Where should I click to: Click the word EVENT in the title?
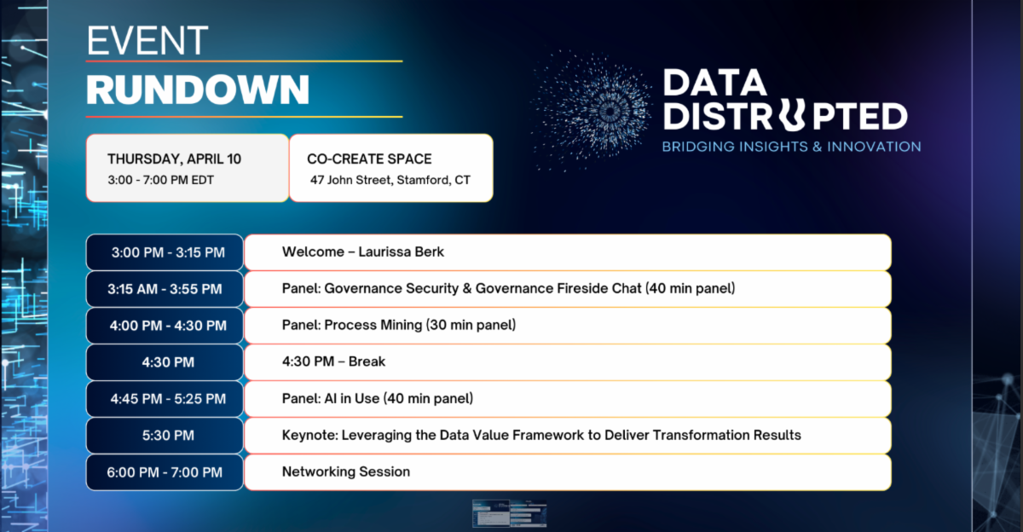point(147,41)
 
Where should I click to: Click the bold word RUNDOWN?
point(198,90)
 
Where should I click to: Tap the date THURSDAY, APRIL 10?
point(174,159)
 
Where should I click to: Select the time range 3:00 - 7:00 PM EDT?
point(161,180)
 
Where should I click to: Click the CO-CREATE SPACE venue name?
point(369,159)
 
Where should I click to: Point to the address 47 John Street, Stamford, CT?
point(390,180)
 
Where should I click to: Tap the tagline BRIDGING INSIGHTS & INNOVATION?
point(791,147)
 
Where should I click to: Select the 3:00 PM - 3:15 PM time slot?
point(168,252)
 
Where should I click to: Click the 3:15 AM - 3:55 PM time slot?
point(165,289)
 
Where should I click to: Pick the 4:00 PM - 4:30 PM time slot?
point(168,326)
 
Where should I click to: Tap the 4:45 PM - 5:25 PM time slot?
point(168,399)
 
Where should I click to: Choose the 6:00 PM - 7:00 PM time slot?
point(165,472)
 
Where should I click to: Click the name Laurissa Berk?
point(401,252)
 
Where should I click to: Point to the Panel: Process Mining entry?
point(399,325)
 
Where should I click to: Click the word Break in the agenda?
point(367,361)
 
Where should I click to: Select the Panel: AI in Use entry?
point(377,399)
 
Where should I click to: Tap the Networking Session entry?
point(346,471)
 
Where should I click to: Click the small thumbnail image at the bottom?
point(509,514)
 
